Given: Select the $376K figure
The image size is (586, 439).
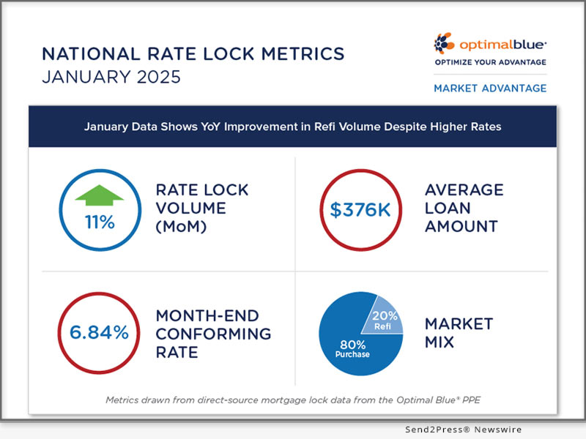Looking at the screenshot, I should pyautogui.click(x=360, y=210).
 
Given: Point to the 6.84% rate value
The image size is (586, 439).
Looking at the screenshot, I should pyautogui.click(x=99, y=332).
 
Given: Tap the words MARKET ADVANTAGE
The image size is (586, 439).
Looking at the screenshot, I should pyautogui.click(x=490, y=88).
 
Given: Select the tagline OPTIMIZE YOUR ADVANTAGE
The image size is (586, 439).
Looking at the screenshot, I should pyautogui.click(x=490, y=62).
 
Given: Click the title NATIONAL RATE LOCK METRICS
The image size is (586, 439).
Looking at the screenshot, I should pyautogui.click(x=183, y=54).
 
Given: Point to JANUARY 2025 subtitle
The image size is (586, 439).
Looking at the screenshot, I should pyautogui.click(x=111, y=77).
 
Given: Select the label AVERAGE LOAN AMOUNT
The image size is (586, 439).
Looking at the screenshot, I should pyautogui.click(x=464, y=209).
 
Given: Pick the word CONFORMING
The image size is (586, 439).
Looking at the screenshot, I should pyautogui.click(x=213, y=334).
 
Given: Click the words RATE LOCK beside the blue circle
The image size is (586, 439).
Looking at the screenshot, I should pyautogui.click(x=202, y=190).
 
